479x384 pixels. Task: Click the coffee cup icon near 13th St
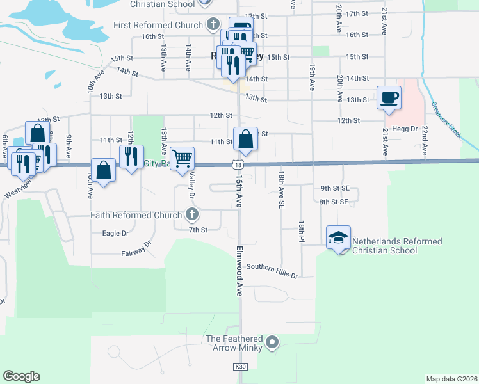pos(389,98)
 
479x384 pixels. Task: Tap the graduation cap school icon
pos(337,237)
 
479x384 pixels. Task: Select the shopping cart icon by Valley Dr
pos(183,158)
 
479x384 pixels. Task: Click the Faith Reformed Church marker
pos(191,214)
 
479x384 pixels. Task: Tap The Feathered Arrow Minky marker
pos(272,343)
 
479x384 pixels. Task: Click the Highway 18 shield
pos(238,164)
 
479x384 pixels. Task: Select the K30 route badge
pos(239,367)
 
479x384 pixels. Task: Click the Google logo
pos(21,376)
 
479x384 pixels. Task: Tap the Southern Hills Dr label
pos(272,271)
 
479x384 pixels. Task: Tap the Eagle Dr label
pos(115,234)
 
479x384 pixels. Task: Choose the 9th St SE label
pos(334,188)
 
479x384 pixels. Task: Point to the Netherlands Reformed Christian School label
pos(397,246)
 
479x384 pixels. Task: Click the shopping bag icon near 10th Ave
pos(102,171)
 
